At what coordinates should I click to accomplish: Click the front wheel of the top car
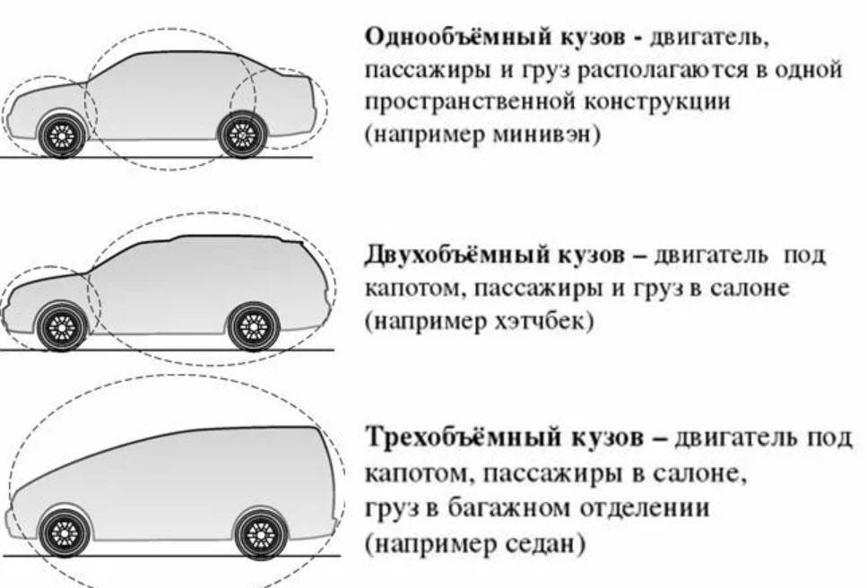[63, 136]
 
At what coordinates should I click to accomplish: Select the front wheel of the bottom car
[66, 534]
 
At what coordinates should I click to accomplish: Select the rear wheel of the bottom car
[259, 534]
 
